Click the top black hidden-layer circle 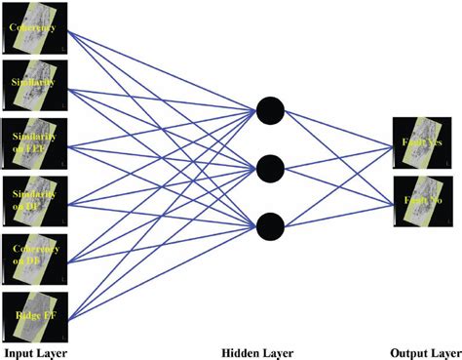click(270, 111)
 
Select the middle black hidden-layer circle click(270, 170)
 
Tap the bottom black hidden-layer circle click(270, 228)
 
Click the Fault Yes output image click(420, 141)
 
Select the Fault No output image click(420, 202)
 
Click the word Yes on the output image click(434, 141)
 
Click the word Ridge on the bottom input click(26, 315)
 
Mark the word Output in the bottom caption click(407, 350)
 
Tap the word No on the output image click(434, 202)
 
